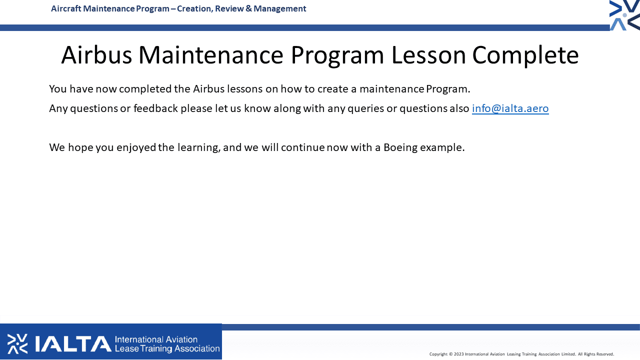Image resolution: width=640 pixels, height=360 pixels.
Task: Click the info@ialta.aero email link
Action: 510,108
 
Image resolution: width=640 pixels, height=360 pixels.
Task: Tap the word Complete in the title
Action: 525,55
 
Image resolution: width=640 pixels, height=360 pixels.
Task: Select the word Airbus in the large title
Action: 96,54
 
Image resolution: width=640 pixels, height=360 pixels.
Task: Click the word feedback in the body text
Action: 155,108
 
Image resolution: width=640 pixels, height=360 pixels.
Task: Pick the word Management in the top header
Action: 279,9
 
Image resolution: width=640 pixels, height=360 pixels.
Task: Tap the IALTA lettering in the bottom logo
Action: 73,343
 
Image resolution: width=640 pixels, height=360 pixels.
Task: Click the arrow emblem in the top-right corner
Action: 624,15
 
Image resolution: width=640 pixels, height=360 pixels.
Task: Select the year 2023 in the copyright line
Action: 458,354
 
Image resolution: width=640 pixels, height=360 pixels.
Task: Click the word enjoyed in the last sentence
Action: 136,147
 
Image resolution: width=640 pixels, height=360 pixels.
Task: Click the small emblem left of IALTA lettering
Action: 17,343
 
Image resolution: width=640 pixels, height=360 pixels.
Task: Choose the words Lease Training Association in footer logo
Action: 167,349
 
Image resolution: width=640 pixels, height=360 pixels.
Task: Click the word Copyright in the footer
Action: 438,354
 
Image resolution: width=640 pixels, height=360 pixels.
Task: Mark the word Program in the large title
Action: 337,55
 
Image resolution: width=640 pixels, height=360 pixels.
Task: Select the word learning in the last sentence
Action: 198,147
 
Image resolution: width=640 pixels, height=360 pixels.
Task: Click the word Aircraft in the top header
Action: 66,9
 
